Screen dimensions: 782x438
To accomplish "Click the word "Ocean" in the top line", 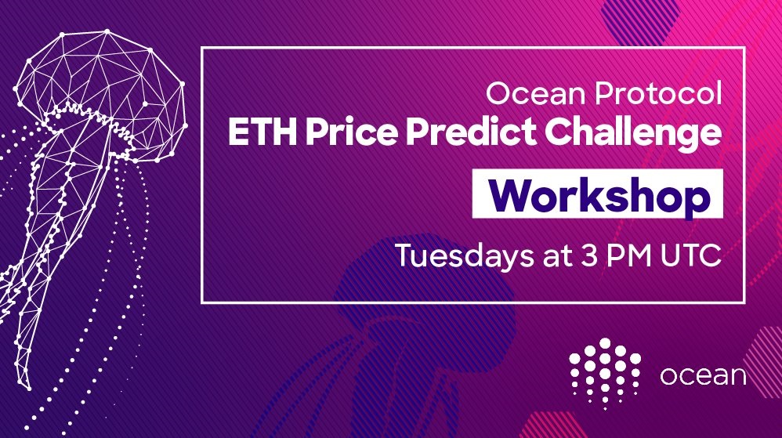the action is click(x=535, y=93).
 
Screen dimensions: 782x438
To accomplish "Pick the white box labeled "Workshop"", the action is click(x=598, y=194).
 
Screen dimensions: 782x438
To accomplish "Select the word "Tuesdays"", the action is click(x=464, y=255).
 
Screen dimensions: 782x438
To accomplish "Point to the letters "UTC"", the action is click(x=691, y=255).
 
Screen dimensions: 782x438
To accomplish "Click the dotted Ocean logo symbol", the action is click(x=605, y=373).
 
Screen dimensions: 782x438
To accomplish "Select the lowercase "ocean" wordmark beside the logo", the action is click(x=703, y=375).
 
